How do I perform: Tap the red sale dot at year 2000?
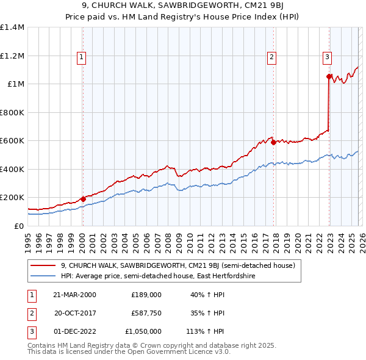(83, 199)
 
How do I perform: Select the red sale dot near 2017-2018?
(273, 142)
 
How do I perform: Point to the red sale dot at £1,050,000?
(329, 77)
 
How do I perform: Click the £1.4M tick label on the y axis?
(12, 27)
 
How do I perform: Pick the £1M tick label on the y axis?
(15, 84)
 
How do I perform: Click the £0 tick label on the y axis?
(19, 226)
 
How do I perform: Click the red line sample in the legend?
(43, 265)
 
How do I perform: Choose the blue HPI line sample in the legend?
(43, 276)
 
